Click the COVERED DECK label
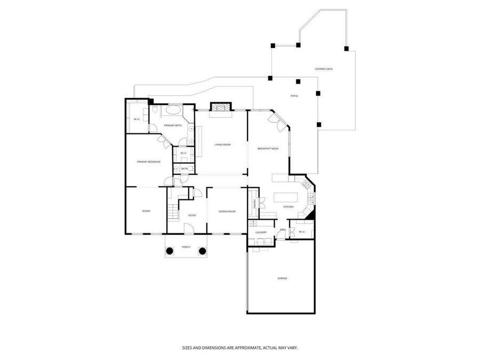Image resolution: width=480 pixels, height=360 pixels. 323,69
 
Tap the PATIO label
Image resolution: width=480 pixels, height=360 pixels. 294,96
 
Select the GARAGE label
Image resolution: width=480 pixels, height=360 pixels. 282,278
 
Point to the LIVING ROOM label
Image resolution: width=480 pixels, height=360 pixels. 222,145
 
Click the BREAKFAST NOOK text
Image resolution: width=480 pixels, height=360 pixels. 268,148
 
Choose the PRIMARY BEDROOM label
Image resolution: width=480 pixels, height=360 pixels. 149,162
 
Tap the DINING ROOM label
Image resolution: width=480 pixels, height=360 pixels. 227,212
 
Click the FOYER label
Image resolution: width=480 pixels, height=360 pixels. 191,215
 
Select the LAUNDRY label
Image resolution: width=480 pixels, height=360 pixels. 261,233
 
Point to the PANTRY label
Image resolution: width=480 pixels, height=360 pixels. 254,203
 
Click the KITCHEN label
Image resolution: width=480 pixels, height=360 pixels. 289,207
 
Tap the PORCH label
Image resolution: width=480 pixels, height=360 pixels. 186,247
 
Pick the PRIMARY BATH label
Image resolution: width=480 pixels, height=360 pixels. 172,125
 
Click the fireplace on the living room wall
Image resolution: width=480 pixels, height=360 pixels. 220,108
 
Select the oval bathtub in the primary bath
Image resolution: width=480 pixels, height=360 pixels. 172,111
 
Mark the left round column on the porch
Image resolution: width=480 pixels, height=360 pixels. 170,251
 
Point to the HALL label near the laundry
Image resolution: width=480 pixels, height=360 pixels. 283,230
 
